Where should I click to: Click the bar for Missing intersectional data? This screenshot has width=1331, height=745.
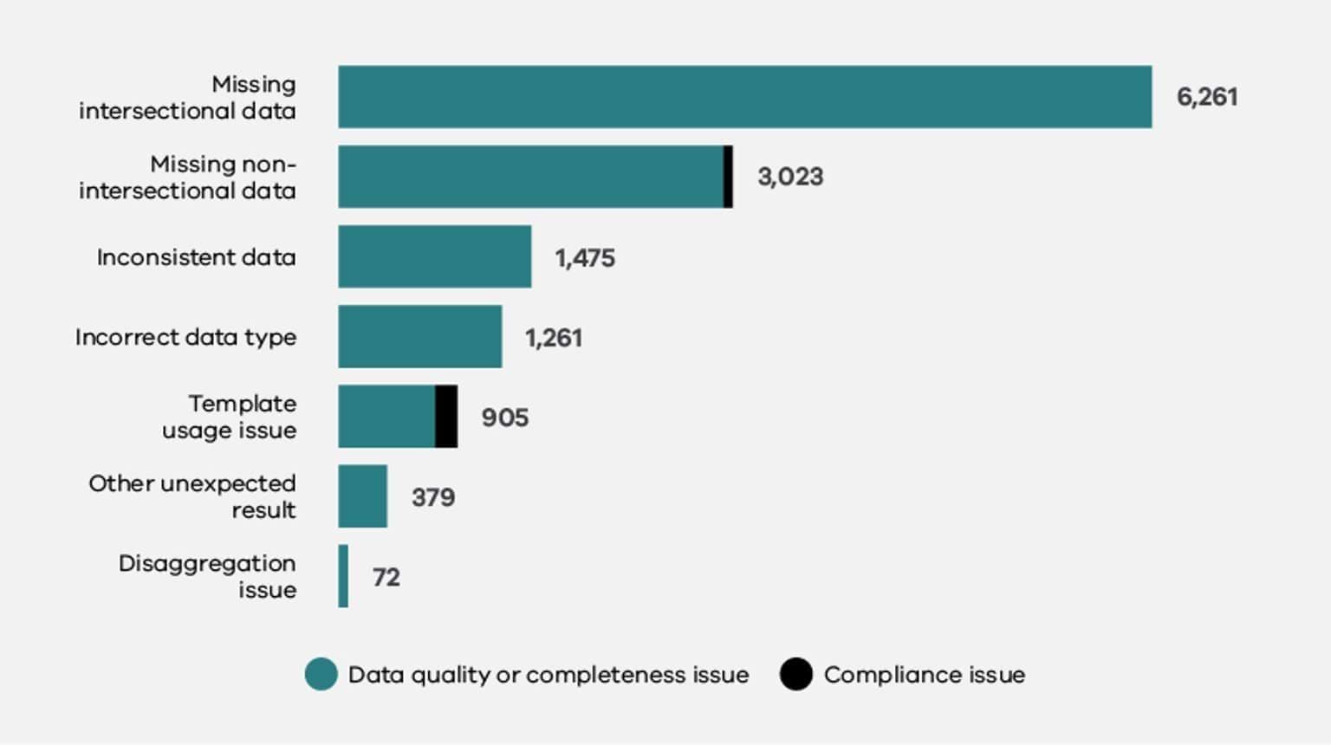[745, 97]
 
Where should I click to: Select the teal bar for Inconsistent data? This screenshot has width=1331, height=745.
[434, 256]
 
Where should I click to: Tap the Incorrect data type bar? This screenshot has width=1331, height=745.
[419, 336]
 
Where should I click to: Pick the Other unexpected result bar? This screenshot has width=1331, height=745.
[362, 496]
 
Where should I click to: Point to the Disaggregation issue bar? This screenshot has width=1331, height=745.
[343, 576]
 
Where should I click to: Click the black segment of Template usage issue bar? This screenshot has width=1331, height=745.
[446, 417]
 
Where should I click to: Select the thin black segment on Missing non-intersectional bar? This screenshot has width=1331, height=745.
[728, 177]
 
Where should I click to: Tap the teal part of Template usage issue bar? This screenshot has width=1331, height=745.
[386, 417]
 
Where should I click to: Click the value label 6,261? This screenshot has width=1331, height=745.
[1206, 97]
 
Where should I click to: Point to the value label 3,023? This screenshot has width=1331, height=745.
[790, 177]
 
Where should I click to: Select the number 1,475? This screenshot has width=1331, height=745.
[585, 258]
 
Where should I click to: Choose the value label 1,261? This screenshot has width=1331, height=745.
[554, 338]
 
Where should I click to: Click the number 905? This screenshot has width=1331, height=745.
[505, 418]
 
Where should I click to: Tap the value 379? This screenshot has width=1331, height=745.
[433, 497]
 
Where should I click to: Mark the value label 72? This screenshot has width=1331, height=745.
[386, 577]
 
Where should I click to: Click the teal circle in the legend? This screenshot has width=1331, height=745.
[321, 674]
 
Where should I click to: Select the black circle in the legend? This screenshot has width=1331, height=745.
[795, 674]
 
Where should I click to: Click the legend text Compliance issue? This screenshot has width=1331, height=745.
[924, 675]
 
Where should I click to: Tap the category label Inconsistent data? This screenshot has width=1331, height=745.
[196, 257]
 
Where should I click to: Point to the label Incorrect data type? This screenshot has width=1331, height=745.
[185, 337]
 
